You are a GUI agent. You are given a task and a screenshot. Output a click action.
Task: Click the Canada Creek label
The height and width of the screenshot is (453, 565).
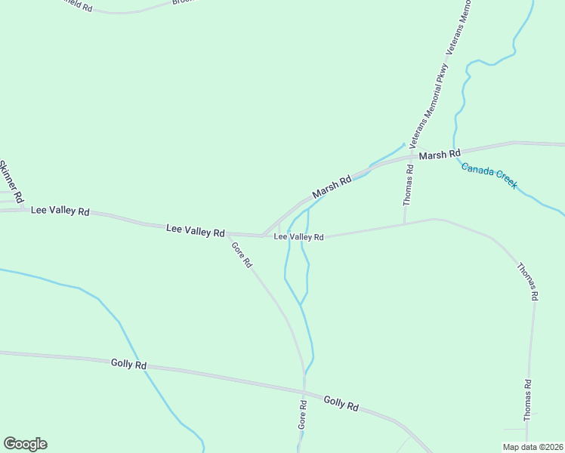pyautogui.click(x=489, y=176)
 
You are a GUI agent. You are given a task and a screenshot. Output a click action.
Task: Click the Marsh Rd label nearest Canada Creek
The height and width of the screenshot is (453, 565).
pyautogui.click(x=439, y=154)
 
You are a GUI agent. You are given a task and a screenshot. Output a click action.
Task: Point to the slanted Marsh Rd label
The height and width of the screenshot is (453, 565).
pyautogui.click(x=332, y=186)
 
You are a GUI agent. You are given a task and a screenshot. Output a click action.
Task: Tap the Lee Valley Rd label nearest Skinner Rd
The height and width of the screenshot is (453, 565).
pyautogui.click(x=60, y=211)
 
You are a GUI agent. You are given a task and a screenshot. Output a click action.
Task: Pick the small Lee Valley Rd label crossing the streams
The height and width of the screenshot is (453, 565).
pyautogui.click(x=298, y=237)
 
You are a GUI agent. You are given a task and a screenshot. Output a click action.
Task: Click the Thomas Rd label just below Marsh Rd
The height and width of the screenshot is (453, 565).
pyautogui.click(x=408, y=185)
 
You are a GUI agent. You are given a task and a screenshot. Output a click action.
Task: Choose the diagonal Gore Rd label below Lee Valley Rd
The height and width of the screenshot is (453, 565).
pyautogui.click(x=241, y=255)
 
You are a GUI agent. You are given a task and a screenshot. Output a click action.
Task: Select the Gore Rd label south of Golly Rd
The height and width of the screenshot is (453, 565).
pyautogui.click(x=302, y=415)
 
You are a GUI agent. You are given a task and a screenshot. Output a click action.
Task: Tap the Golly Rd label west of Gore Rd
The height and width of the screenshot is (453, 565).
pyautogui.click(x=128, y=364)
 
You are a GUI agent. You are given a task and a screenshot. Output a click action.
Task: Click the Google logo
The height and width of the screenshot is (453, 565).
pyautogui.click(x=25, y=444)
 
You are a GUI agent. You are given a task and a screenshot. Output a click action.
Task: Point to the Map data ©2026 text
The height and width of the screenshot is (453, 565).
pyautogui.click(x=533, y=447)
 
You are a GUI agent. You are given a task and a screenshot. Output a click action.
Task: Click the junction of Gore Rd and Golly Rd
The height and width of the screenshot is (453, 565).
pyautogui.click(x=304, y=390)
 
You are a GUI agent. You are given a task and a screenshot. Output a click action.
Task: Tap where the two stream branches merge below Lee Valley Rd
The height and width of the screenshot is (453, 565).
pyautogui.click(x=301, y=305)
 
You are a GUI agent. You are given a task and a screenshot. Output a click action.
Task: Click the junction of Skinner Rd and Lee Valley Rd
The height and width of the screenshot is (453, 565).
pyautogui.click(x=23, y=208)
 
